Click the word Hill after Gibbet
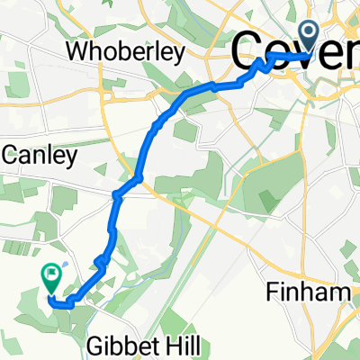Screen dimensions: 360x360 coord(181,344)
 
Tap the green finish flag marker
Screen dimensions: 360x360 coord(50,276)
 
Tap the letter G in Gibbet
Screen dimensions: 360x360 coord(94,346)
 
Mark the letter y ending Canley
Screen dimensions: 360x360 coord(85,158)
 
